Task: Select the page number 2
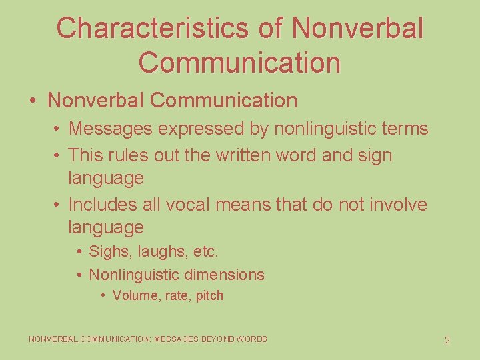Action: click(x=447, y=340)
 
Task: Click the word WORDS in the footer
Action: click(x=252, y=339)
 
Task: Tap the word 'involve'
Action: click(x=395, y=204)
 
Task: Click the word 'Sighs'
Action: click(x=105, y=253)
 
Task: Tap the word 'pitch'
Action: click(x=209, y=295)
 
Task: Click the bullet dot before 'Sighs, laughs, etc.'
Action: click(x=79, y=253)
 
